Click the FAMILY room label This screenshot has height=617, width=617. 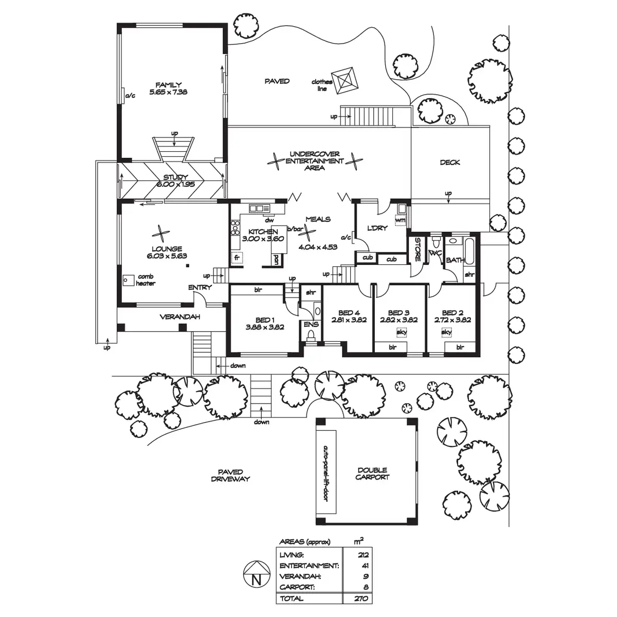point(169,85)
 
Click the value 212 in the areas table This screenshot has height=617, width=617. point(362,555)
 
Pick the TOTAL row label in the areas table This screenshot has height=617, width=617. point(292,598)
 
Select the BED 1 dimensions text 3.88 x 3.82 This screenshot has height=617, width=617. point(265,326)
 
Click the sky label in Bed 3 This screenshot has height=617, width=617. point(402,333)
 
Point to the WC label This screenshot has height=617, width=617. point(435,253)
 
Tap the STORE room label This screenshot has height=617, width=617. point(417,249)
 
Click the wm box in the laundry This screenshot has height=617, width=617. point(400,221)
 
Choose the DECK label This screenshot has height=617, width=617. point(450,162)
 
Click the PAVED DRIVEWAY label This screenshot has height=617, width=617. point(230,476)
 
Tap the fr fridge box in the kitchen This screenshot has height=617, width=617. point(237,257)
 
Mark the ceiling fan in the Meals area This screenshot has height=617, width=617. point(308,235)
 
